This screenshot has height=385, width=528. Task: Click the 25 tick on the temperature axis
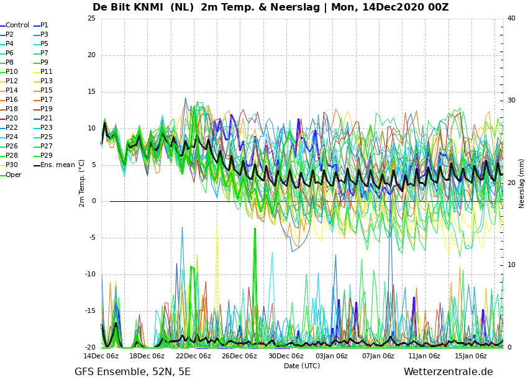point(91,18)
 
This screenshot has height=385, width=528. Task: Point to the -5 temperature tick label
point(91,238)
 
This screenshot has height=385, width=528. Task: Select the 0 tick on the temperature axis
point(94,201)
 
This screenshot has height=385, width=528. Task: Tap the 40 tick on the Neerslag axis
point(511,18)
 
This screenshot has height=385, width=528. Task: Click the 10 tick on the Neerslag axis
point(511,265)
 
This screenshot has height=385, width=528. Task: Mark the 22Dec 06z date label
point(193,356)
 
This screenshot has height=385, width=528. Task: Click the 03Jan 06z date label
point(332,356)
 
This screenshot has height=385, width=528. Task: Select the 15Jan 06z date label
point(471,356)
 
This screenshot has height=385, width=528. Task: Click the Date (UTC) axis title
point(302,366)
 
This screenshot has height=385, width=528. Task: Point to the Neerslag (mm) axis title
point(522,184)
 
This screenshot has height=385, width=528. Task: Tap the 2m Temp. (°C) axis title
point(82,184)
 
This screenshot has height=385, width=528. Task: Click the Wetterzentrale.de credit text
point(448,372)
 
